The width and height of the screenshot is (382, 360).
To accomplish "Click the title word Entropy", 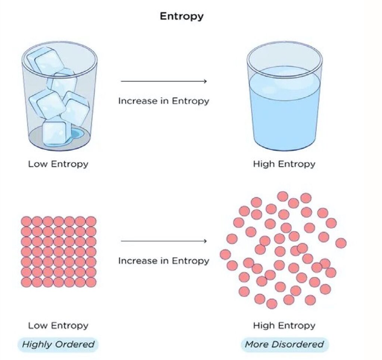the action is (x=182, y=16).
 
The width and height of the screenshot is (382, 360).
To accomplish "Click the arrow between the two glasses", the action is (x=164, y=81).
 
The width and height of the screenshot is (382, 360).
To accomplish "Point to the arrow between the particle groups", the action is (x=164, y=241).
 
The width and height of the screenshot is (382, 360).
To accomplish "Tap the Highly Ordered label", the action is (x=58, y=344).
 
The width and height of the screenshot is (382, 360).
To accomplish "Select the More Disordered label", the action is (x=285, y=344).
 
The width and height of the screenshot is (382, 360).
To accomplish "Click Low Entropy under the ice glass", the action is (x=58, y=164).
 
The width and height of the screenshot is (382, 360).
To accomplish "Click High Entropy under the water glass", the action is (x=284, y=164).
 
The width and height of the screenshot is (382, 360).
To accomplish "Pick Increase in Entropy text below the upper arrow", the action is (x=164, y=101).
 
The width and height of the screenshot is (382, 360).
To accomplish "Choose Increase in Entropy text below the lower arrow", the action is (x=164, y=261).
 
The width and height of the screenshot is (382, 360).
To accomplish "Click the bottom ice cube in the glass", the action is (x=54, y=133).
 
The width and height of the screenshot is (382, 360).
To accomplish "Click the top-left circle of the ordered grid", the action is (x=26, y=221).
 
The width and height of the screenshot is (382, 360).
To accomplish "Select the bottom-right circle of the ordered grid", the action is (x=91, y=282).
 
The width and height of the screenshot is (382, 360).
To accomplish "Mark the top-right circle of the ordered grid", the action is (x=91, y=221).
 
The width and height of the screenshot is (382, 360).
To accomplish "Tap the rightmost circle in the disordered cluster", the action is (x=341, y=243).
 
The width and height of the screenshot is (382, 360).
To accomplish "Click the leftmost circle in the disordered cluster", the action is (x=225, y=255).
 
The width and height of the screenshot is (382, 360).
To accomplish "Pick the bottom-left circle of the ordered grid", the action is (x=26, y=282).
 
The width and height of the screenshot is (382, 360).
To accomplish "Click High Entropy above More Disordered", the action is (x=284, y=325).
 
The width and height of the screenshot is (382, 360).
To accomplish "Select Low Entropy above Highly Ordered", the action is (x=58, y=325).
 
